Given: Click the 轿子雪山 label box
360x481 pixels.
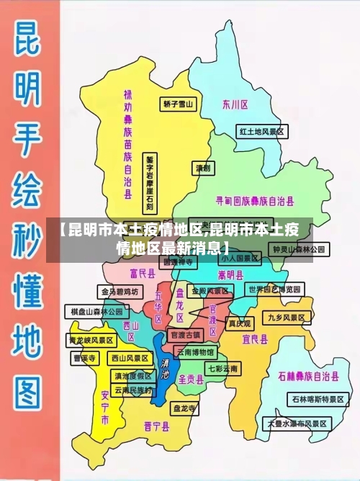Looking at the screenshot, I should coord(179,104).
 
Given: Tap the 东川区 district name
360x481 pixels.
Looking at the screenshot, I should coord(235,104).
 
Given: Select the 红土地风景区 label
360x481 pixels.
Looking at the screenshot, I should coord(263,132).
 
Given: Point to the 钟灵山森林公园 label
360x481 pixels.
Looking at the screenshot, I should coord(299,249).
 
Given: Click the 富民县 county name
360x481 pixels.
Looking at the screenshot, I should coord(143,273).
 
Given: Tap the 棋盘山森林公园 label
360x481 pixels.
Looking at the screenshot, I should coord(96,311).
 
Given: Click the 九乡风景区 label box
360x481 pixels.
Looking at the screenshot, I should coord(288,317).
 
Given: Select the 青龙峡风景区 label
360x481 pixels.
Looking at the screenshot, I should coord(91,339).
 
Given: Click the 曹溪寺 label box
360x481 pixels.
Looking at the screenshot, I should coord(84,358).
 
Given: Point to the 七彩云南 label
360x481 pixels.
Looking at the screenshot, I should coord(223,368).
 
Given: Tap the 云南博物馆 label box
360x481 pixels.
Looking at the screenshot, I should coord(194,352).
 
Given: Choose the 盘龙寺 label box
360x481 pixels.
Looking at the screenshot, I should coord(184,408).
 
